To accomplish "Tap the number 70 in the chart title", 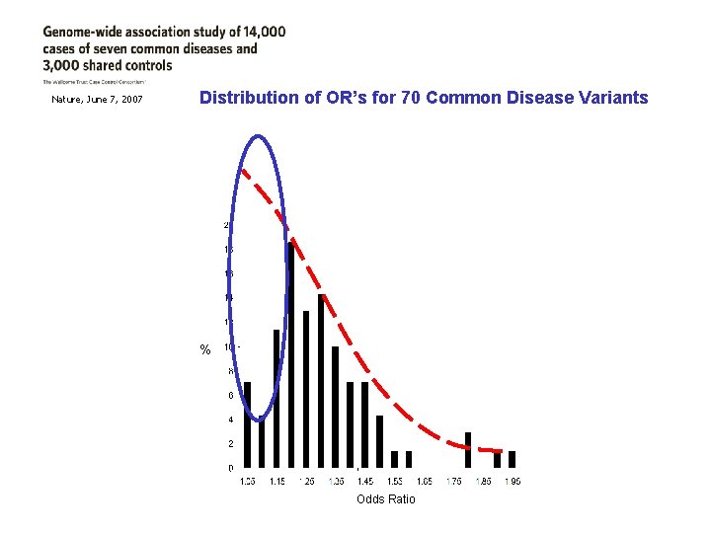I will click(416, 98).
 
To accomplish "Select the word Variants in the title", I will click(612, 98).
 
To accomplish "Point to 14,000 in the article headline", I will click(261, 31).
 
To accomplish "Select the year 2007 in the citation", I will click(129, 100).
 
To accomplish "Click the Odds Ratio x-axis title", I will click(386, 499).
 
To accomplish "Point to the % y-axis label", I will click(205, 350).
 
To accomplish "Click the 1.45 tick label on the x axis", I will click(365, 481).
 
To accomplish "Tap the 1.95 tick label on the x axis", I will click(513, 481).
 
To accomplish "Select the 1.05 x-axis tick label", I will click(249, 481).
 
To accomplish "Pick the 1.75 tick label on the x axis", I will click(453, 481).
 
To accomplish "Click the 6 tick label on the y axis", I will click(231, 396).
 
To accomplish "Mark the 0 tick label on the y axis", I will click(231, 468).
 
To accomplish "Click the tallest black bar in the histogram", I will click(291, 355).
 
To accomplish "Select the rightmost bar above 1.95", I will click(513, 459).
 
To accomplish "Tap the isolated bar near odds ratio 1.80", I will click(468, 450).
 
